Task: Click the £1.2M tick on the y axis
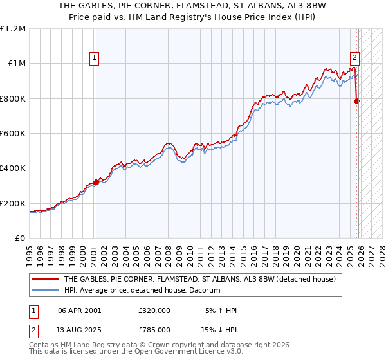(x=13, y=28)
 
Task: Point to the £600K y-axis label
(x=13, y=134)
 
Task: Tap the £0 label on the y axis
(x=19, y=239)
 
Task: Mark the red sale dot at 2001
(x=96, y=182)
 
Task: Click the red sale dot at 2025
(x=357, y=101)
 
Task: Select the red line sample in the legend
(x=45, y=280)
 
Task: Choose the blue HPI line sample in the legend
(x=45, y=291)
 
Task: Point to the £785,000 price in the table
(x=154, y=329)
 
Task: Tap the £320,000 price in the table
(x=154, y=310)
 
